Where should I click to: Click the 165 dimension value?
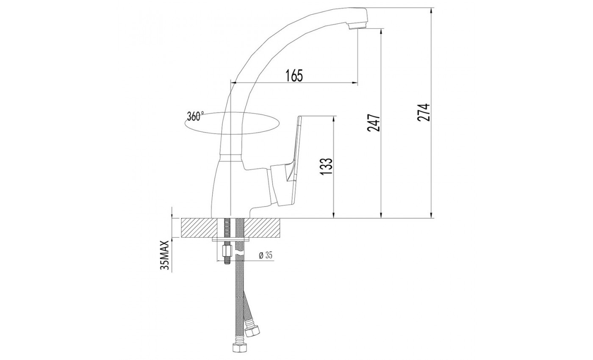pos(294,75)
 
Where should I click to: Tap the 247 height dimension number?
pos(374,122)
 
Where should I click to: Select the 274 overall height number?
pos(424,112)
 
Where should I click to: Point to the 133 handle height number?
pos(326,166)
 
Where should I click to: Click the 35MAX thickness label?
pos(165,255)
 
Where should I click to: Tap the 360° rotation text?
pos(195,116)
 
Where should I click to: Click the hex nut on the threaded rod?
pos(227,251)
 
